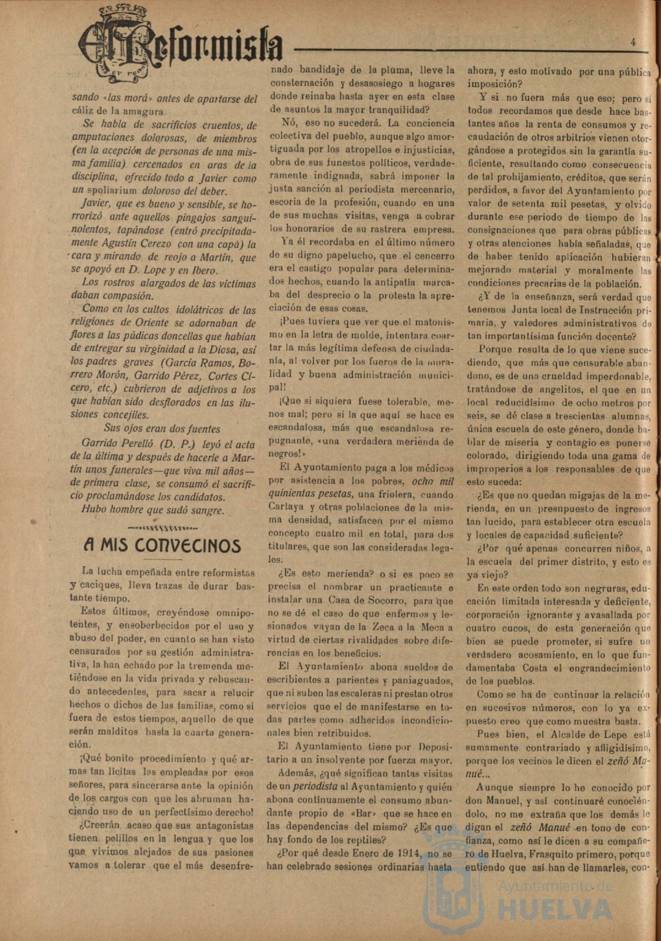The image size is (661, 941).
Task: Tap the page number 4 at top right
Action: pos(633,42)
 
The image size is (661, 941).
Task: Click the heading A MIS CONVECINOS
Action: pos(162,545)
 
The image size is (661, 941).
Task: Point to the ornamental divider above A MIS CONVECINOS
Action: pos(162,526)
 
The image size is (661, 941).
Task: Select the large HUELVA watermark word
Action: pos(556,909)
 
